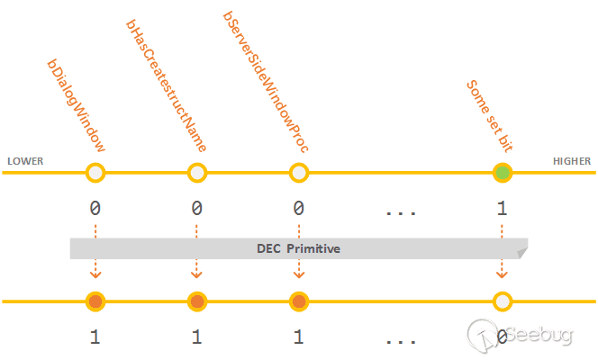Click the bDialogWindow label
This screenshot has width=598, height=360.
[x=77, y=106]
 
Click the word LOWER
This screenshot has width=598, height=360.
[x=25, y=162]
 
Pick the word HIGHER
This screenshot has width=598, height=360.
[x=572, y=162]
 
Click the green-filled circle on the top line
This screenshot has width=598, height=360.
[x=503, y=173]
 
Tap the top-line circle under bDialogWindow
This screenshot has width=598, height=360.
[x=95, y=173]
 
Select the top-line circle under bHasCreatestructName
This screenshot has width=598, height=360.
[x=196, y=173]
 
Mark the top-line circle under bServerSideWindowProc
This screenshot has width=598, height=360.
[x=298, y=173]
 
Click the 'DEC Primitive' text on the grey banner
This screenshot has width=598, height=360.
[x=299, y=248]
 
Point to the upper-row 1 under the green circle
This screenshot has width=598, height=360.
[x=502, y=209]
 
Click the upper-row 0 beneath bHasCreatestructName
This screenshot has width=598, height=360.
[x=196, y=209]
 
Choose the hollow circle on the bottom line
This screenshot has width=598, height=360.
[x=503, y=301]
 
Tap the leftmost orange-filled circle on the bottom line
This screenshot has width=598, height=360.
[x=95, y=301]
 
